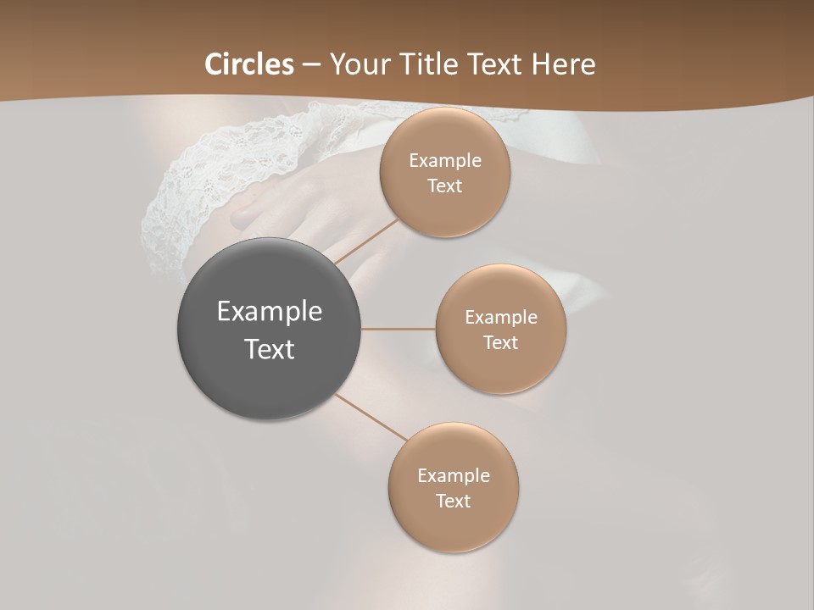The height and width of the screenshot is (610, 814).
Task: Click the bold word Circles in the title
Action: tap(248, 64)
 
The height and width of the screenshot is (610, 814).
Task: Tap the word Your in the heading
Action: tap(356, 64)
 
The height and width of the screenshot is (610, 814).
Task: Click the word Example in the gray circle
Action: tap(270, 312)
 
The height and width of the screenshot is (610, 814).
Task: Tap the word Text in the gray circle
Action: tap(270, 349)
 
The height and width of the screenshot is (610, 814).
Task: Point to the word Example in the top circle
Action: tap(445, 161)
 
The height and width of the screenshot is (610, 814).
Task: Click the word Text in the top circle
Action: tap(445, 186)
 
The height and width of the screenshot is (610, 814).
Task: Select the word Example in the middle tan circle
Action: tap(501, 318)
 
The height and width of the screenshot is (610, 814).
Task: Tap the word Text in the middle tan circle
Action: tap(501, 343)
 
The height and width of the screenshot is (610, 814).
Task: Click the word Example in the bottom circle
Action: tap(454, 476)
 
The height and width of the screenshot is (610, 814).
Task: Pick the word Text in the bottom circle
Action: tap(454, 502)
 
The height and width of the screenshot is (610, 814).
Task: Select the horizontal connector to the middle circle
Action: tap(399, 329)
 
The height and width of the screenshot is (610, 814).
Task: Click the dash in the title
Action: tap(311, 65)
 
